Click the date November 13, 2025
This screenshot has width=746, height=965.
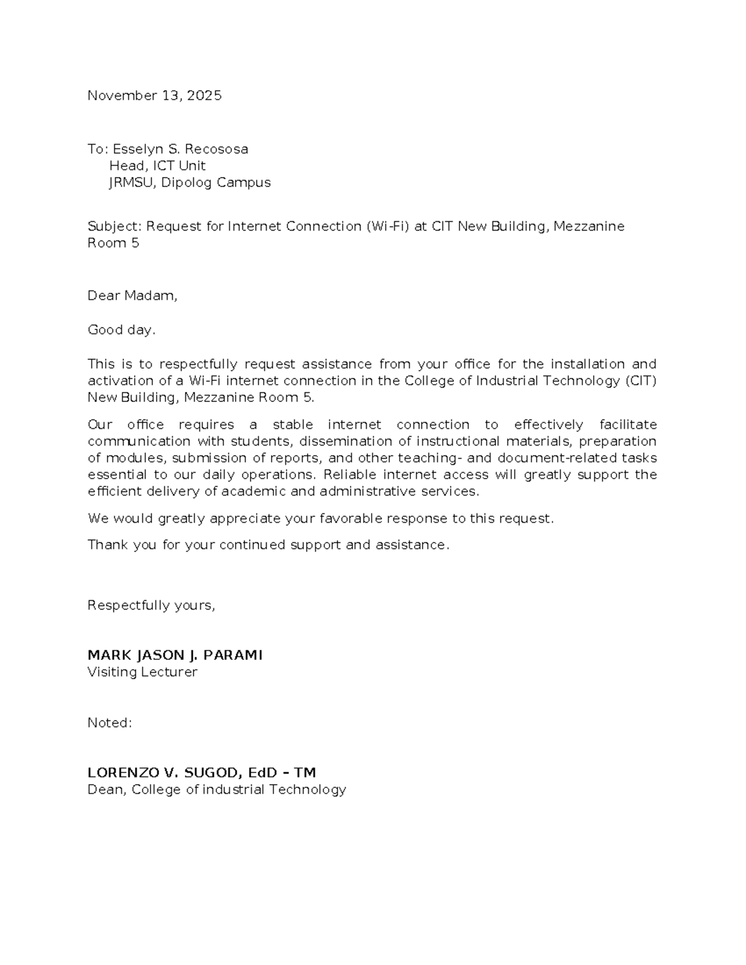(154, 96)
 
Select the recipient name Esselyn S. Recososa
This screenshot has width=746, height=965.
(180, 149)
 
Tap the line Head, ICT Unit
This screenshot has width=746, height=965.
(157, 166)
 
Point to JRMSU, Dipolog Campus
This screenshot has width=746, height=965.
(190, 183)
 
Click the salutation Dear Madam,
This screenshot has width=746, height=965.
(132, 296)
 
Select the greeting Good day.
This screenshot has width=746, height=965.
(121, 330)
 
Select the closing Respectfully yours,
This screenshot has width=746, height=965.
(151, 606)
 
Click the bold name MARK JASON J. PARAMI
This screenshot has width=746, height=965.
(175, 656)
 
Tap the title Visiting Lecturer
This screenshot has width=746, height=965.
(142, 672)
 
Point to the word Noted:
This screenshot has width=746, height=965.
(109, 723)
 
